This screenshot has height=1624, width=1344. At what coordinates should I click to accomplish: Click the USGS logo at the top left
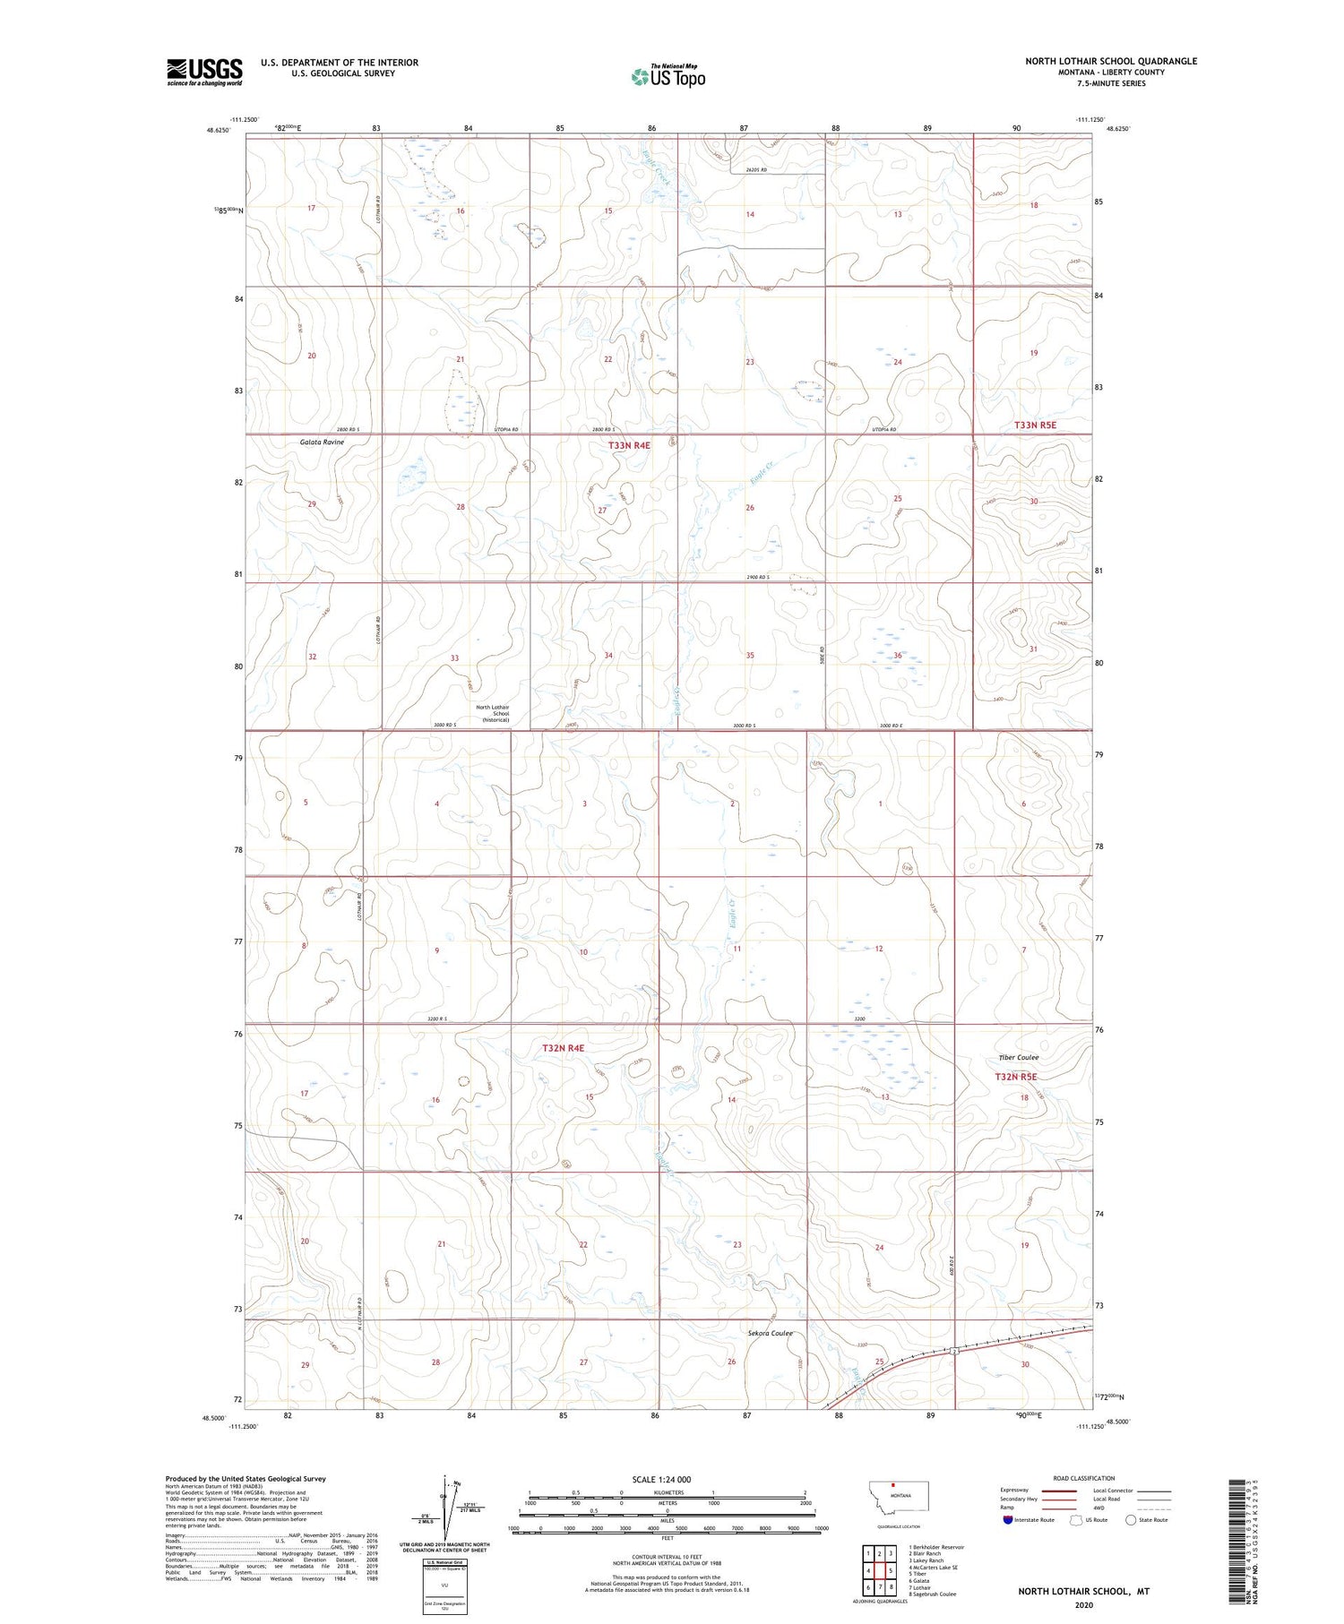204,72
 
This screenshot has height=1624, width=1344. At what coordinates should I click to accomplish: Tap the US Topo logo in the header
668,76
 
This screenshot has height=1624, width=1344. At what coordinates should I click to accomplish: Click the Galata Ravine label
322,443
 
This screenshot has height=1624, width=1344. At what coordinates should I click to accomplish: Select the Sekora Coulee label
771,1333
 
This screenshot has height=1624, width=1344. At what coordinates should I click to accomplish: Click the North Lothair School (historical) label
495,713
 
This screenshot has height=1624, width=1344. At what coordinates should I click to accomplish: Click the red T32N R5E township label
1015,1077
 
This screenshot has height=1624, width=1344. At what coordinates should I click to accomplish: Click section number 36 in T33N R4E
897,656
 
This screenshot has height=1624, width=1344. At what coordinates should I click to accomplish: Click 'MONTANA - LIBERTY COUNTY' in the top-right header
1111,72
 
